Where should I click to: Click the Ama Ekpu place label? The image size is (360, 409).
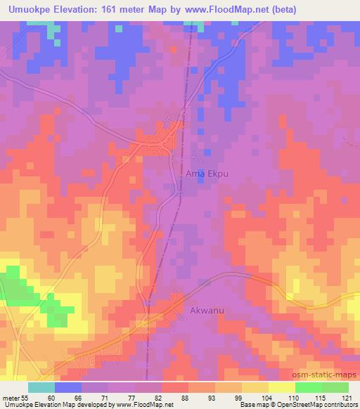click(x=205, y=171)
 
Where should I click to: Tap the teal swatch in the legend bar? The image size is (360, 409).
click(x=41, y=387)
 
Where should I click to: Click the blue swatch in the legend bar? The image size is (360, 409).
click(x=68, y=387)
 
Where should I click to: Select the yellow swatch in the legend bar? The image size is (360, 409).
click(x=281, y=387)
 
